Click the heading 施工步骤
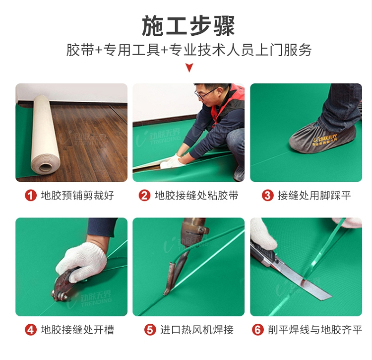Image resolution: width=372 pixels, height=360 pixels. [x=188, y=26]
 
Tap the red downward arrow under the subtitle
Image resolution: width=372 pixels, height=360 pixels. [x=189, y=68]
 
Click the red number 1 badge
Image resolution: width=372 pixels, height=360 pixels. [x=31, y=196]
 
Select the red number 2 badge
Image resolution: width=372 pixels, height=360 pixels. [x=144, y=196]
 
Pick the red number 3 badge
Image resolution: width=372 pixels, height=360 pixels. [x=268, y=196]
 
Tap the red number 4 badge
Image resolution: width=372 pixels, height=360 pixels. [x=31, y=330]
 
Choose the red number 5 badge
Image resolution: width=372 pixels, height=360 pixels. [x=150, y=330]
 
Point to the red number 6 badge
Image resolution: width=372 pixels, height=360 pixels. [x=258, y=330]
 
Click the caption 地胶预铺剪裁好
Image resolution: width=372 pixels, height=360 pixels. [x=77, y=196]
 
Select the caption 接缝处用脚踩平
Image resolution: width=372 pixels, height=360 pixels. [x=314, y=196]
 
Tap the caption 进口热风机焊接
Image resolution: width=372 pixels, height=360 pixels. [x=197, y=330]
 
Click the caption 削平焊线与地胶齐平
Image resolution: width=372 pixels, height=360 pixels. [x=315, y=330]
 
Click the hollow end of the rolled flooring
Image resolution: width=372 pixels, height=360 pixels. [x=45, y=167]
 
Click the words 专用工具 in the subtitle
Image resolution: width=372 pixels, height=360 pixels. [x=131, y=50]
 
